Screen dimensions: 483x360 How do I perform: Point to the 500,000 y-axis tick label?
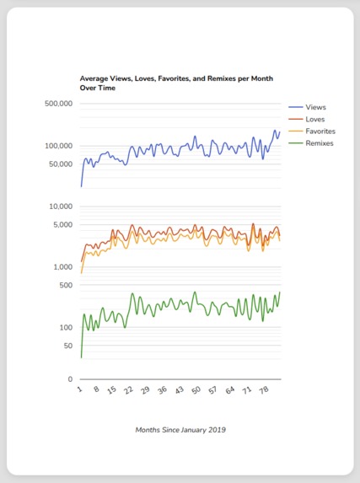[58, 105]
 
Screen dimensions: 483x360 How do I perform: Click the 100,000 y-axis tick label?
[58, 146]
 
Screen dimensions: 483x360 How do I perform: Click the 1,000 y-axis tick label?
[62, 267]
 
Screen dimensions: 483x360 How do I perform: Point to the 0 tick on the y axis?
[70, 379]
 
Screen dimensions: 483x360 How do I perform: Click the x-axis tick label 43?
[177, 391]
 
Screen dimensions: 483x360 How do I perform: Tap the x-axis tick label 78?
[262, 391]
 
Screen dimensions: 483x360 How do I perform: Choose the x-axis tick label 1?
[79, 389]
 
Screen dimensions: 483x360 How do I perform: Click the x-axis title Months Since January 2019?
[180, 429]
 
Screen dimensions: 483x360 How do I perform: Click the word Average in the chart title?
[95, 78]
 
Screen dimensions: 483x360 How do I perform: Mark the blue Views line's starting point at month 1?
[82, 185]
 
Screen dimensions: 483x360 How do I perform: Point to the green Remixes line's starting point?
[82, 357]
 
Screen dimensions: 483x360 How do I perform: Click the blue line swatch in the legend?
[296, 108]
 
